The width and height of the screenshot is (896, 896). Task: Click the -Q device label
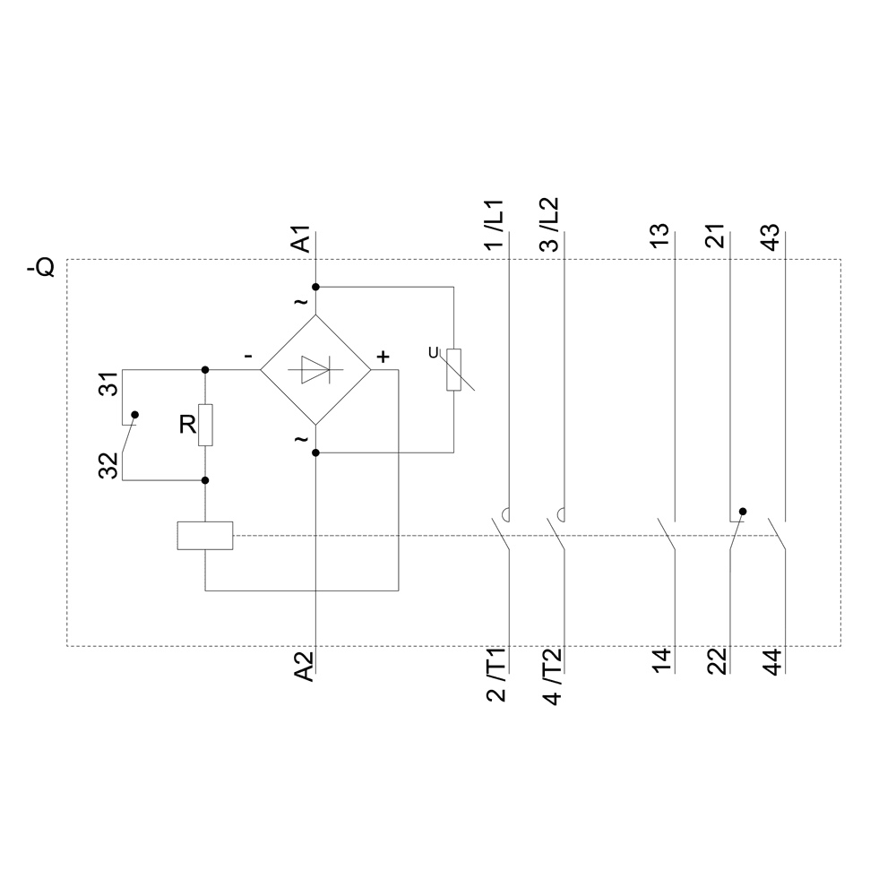[41, 267]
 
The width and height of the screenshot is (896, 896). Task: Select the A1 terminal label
[303, 239]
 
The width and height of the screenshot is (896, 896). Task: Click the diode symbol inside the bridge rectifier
[315, 369]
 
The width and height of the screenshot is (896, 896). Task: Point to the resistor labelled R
[206, 425]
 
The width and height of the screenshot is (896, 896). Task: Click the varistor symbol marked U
[453, 369]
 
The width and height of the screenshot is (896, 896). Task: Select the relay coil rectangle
[205, 536]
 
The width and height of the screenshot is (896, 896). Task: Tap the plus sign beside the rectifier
[383, 357]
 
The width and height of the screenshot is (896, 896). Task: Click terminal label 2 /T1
[495, 676]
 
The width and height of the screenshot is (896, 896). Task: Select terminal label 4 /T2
[551, 676]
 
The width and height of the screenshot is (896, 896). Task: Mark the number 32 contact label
[108, 466]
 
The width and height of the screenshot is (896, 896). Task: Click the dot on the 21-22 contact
[743, 512]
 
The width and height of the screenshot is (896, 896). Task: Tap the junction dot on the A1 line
[315, 287]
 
